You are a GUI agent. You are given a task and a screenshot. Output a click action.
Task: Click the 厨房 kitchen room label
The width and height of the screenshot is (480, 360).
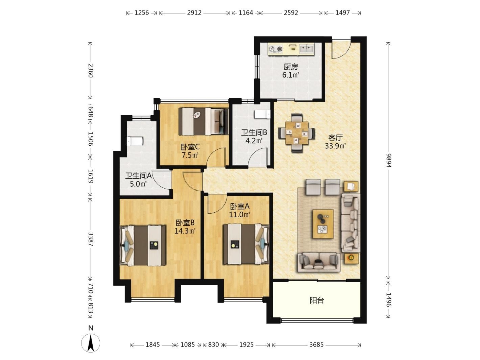tap(291, 67)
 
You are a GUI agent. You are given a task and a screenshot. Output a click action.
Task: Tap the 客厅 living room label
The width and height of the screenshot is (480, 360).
tap(335, 138)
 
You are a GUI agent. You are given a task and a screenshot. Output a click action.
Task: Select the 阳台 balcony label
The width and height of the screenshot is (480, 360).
tap(317, 301)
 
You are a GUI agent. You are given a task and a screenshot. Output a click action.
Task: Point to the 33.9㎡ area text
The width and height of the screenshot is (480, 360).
tap(335, 146)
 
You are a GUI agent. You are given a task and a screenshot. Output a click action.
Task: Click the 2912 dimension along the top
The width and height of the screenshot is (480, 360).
tap(194, 13)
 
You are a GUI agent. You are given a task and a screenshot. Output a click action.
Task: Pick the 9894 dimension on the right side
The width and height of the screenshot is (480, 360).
tap(388, 161)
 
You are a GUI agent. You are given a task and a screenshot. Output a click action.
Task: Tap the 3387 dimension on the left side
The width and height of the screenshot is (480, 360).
tap(91, 239)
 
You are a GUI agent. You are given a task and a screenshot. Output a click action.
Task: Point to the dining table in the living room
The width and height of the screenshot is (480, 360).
tap(297, 133)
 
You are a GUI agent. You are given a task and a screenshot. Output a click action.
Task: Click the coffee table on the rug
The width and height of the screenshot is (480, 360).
tap(323, 224)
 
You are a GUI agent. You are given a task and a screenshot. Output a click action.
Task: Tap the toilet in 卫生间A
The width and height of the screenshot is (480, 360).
tap(135, 141)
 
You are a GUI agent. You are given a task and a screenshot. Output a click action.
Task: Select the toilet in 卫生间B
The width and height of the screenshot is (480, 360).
tap(262, 114)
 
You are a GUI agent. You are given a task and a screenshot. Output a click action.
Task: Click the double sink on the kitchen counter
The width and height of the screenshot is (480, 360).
tap(306, 49)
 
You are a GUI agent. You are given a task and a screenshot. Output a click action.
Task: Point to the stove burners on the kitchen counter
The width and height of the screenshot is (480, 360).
tap(276, 49)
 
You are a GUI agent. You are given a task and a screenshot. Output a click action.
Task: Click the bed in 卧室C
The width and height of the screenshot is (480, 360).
tap(203, 121)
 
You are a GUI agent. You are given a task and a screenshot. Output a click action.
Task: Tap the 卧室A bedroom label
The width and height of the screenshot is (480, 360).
tap(240, 206)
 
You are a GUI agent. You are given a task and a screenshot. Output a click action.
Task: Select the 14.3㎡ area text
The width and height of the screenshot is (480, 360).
tap(185, 231)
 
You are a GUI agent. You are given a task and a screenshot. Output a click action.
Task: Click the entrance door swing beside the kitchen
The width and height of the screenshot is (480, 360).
tap(341, 49)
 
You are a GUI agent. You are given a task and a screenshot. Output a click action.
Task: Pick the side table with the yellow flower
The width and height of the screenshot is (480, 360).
tap(352, 258)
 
